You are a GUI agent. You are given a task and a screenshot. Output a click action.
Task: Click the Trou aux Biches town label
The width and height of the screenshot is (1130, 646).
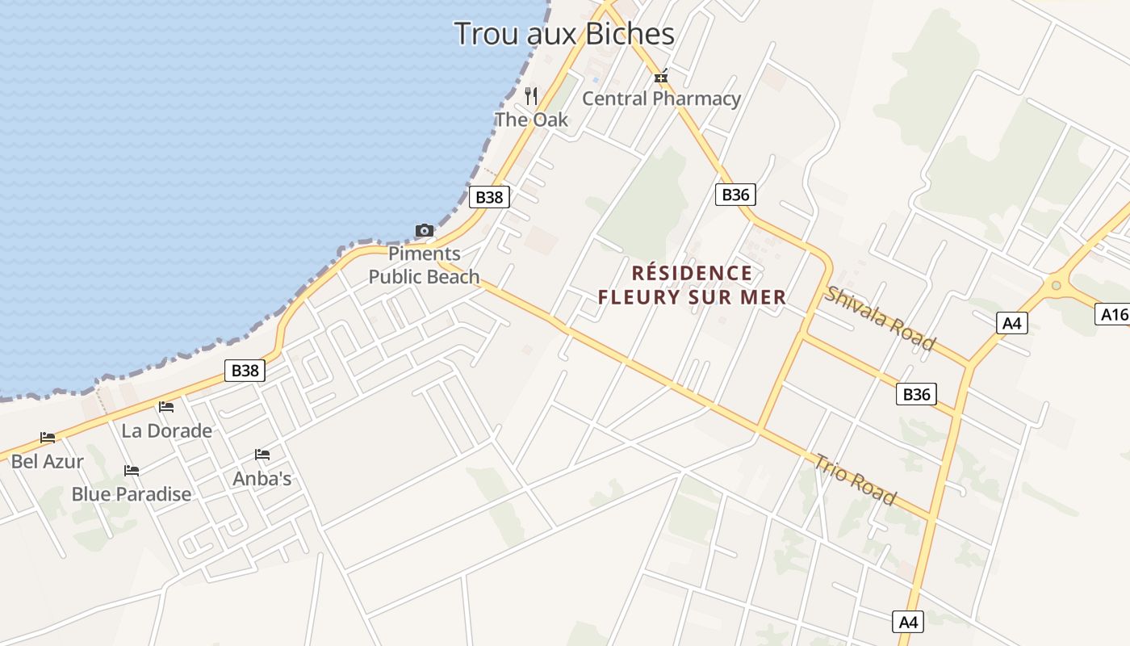pos(563,34)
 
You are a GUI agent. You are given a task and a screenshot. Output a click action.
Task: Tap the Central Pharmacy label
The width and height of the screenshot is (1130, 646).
pos(661,99)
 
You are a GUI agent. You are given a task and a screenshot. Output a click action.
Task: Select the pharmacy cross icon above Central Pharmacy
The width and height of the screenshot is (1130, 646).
pos(661,78)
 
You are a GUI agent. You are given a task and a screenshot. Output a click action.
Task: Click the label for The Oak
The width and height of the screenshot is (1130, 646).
pos(531,120)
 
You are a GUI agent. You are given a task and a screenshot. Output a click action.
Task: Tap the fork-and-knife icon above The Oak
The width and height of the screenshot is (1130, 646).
pos(531,96)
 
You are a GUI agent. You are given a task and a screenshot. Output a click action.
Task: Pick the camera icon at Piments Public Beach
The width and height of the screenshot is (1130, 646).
pos(425,231)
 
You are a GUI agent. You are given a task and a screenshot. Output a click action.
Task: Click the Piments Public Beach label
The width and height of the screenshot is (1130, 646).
pos(424,265)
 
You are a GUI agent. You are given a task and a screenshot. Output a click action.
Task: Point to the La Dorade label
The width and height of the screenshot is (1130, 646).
pos(166,430)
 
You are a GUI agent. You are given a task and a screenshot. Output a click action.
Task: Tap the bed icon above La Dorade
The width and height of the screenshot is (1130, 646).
pos(166,407)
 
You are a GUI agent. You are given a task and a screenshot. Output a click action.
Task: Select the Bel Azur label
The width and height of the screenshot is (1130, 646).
pos(47,461)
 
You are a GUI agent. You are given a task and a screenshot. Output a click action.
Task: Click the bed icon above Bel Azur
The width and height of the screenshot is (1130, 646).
pos(48,438)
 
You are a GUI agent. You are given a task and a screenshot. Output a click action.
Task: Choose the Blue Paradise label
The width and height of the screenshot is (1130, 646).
pos(132,494)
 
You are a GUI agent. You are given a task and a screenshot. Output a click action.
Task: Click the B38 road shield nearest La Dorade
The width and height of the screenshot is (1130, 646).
pos(245,371)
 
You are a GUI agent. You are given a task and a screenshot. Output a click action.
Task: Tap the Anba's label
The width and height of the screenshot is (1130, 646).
pos(262,478)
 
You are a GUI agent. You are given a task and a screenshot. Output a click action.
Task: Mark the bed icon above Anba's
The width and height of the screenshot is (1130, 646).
pos(262,455)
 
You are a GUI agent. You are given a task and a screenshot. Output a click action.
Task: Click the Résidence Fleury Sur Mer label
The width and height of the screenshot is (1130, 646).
pos(692,285)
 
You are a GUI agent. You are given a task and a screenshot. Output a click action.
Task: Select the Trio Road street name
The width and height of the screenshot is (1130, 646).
pos(854,479)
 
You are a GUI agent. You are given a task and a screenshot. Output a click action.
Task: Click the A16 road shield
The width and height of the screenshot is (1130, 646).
pos(1114,314)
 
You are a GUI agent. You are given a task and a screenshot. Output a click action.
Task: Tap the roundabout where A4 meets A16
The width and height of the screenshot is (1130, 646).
pos(1056,284)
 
